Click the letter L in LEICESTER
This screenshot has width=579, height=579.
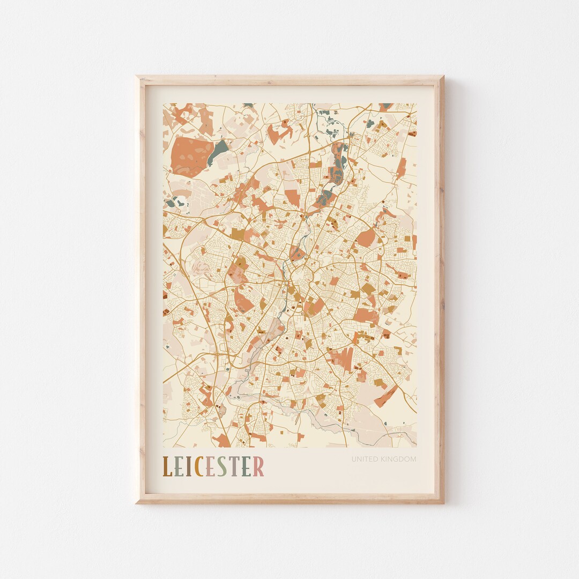(x=167, y=466)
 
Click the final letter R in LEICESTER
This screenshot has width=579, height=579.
(x=259, y=466)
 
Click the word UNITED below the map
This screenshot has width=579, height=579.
(x=366, y=459)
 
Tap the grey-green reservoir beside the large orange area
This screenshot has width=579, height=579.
(x=218, y=151)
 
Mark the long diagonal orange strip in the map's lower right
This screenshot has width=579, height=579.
(x=386, y=397)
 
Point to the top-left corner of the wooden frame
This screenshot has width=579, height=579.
(x=137, y=77)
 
